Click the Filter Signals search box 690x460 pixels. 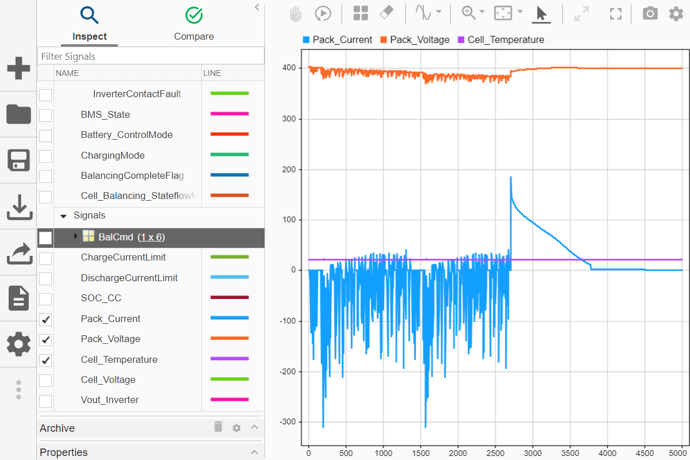(x=151, y=56)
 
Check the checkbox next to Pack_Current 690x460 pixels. (x=45, y=319)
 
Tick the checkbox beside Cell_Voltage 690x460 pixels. (x=45, y=380)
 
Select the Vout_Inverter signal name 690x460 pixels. (x=109, y=400)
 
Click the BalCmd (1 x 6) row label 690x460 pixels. (x=132, y=237)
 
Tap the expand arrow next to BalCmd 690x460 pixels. (x=75, y=236)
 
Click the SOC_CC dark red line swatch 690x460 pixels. (x=229, y=298)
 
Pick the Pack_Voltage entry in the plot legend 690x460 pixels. (x=419, y=40)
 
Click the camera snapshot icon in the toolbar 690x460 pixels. (x=650, y=13)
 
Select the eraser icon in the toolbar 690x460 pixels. (x=387, y=13)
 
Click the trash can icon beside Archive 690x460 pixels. (x=218, y=427)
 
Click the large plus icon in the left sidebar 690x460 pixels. (x=18, y=68)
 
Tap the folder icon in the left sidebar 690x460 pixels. (x=18, y=114)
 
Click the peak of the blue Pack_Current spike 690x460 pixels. (x=511, y=177)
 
